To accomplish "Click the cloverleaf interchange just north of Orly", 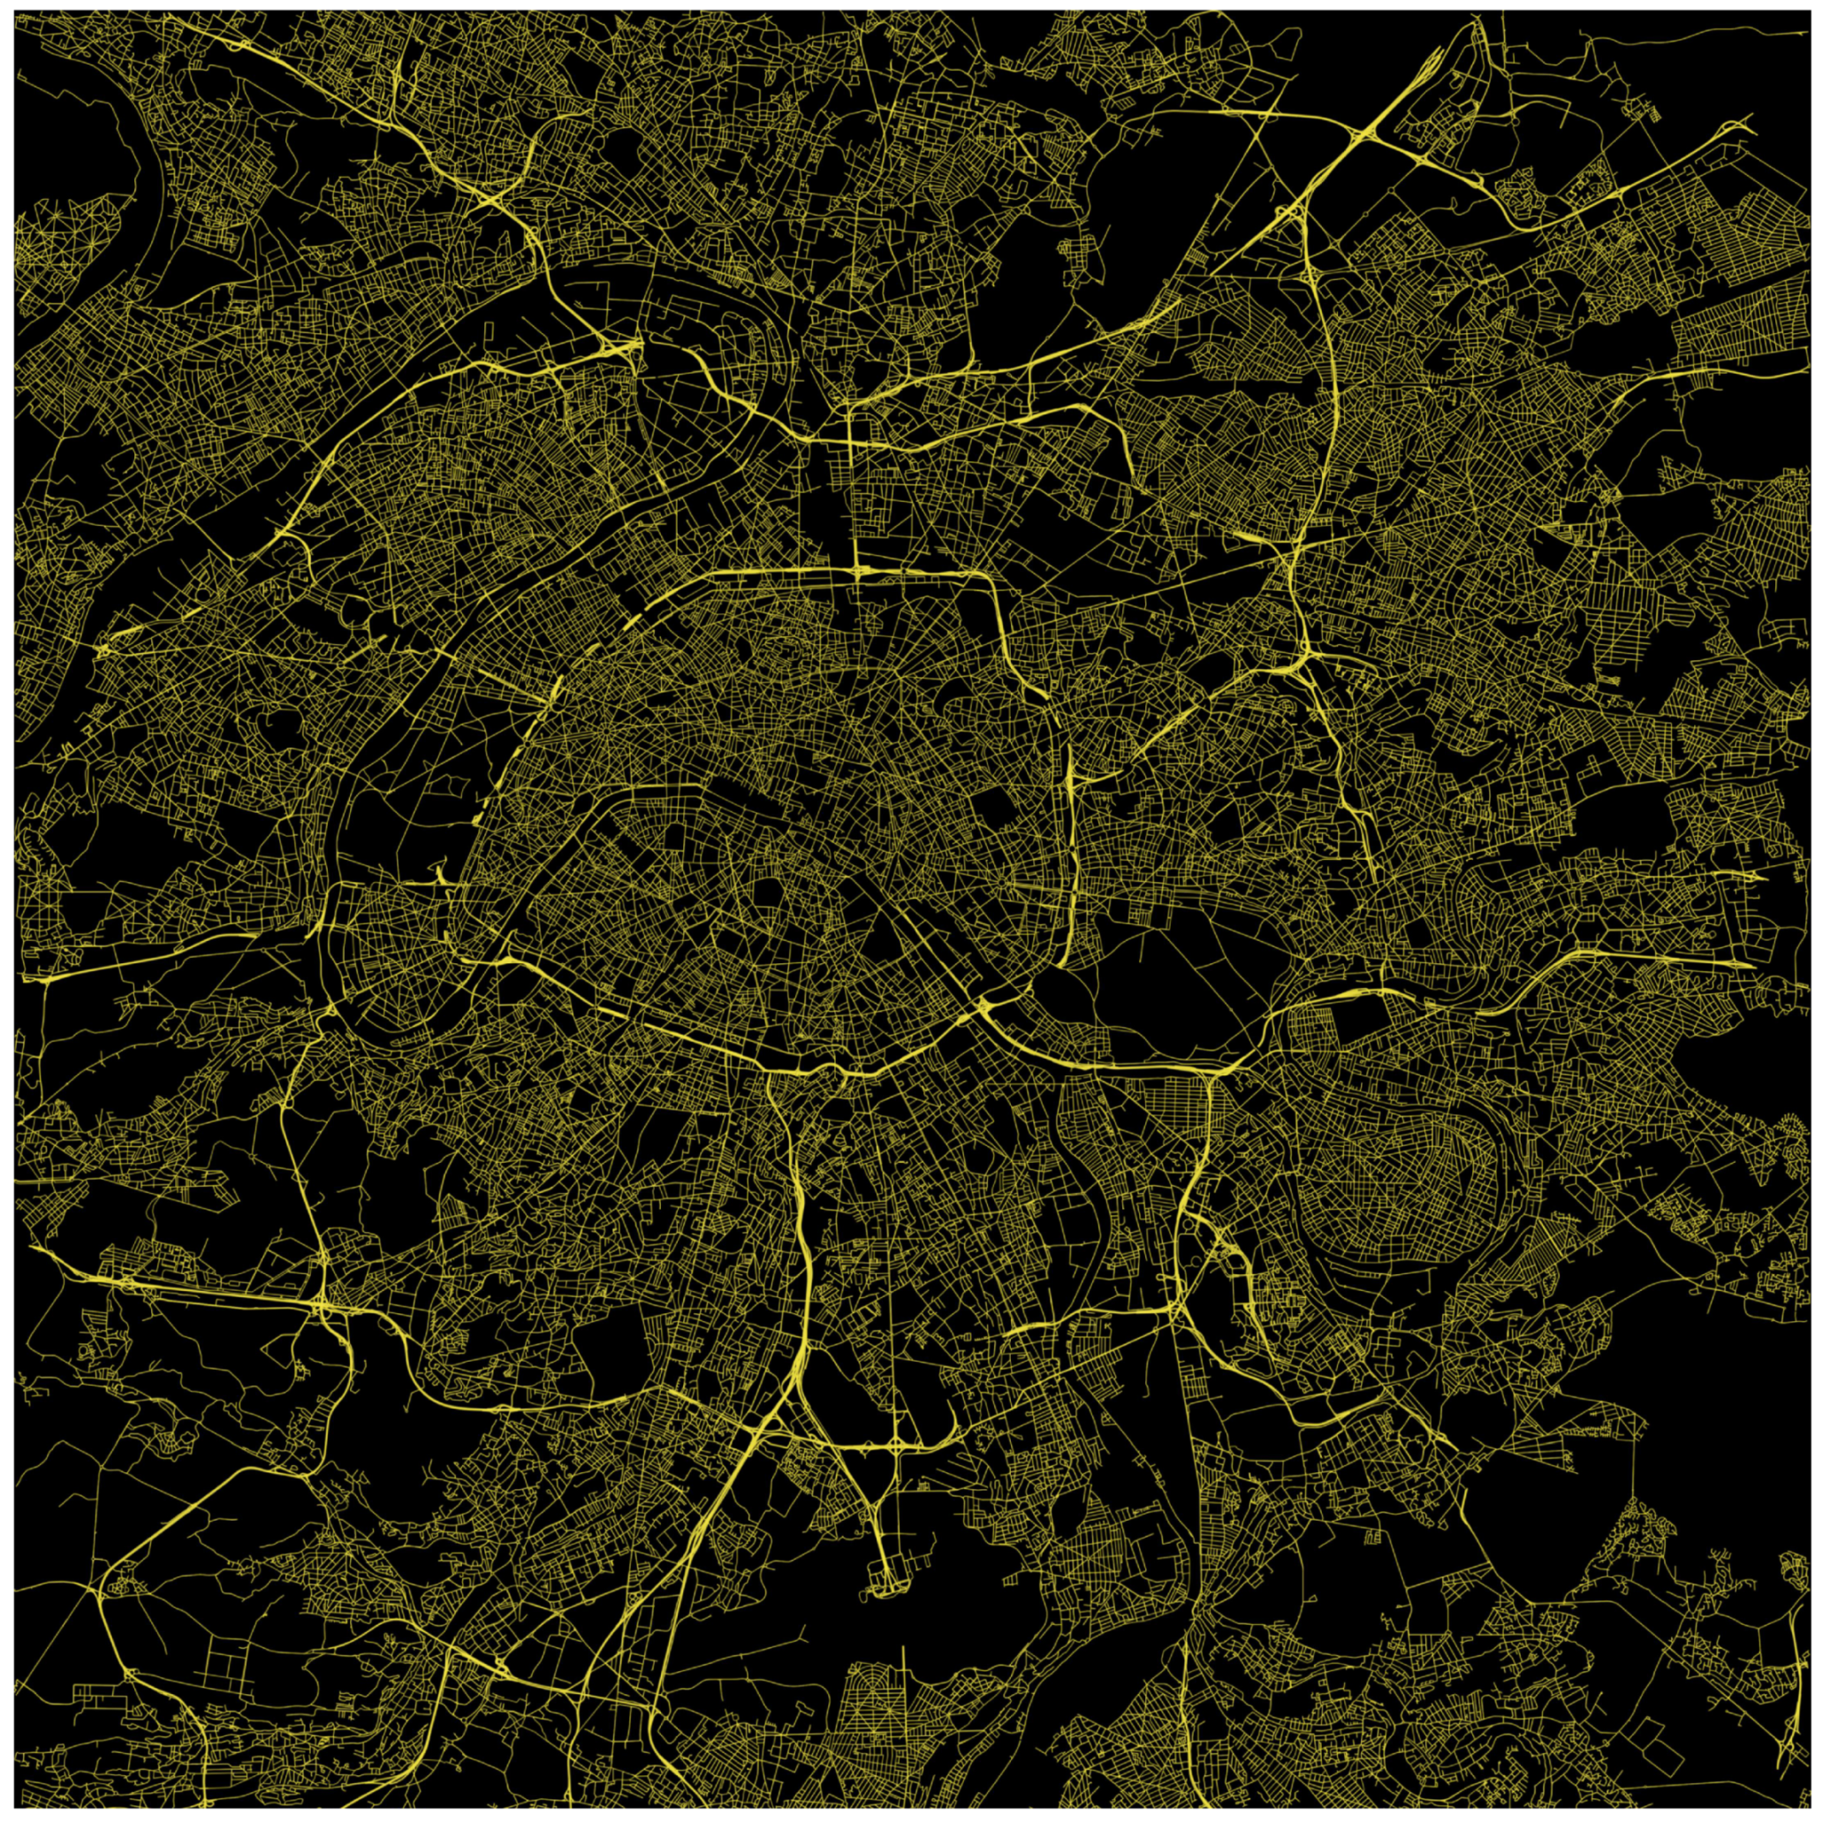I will pos(893,1445).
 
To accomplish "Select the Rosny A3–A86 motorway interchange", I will pos(1307,656).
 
